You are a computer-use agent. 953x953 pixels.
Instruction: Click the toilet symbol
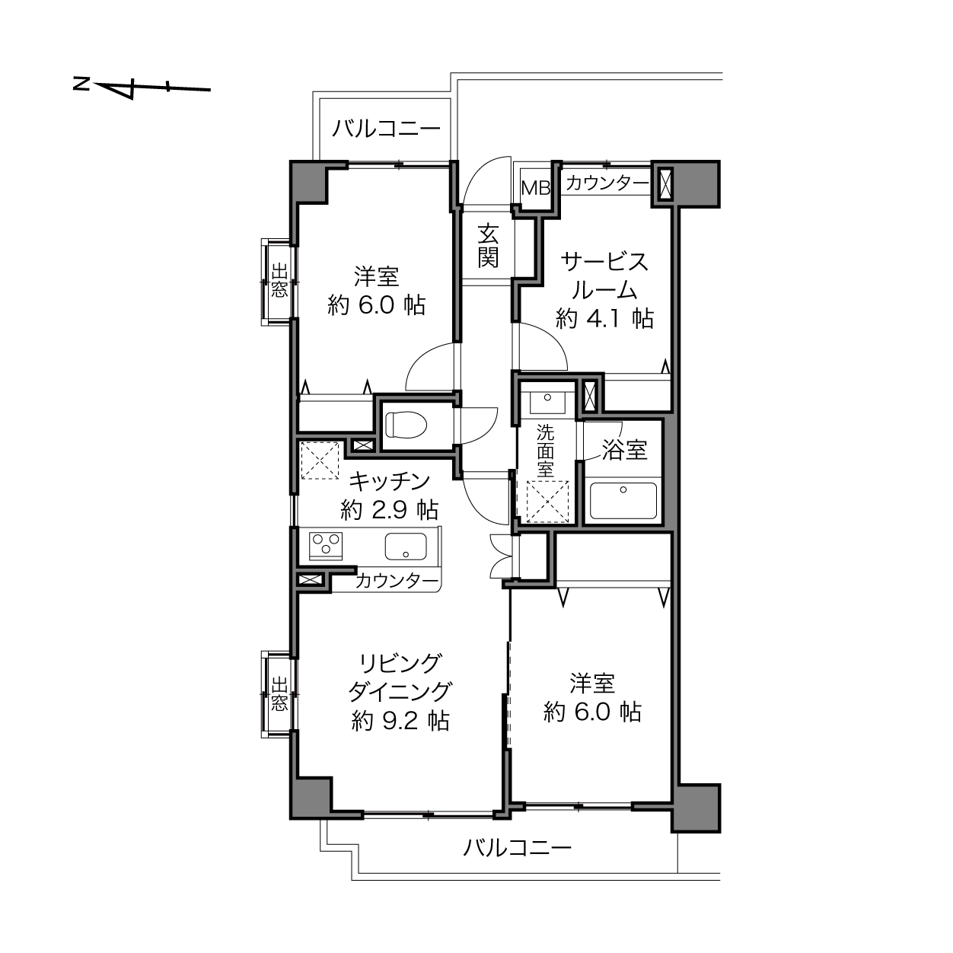[x=406, y=425]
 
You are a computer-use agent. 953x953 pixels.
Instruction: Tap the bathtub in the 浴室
[x=623, y=501]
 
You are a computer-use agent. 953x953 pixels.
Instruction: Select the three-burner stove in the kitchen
[x=326, y=546]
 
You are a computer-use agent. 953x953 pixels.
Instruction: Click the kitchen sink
[x=406, y=546]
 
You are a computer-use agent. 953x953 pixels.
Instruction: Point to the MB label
[x=536, y=188]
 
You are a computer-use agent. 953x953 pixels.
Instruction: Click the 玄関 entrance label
[x=488, y=246]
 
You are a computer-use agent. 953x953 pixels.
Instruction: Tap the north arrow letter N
[x=81, y=84]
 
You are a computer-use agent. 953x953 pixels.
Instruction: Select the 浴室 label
[x=624, y=450]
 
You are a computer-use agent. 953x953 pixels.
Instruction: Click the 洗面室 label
[x=546, y=451]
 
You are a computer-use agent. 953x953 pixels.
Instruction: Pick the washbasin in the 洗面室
[x=547, y=401]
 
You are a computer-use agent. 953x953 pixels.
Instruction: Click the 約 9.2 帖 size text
[x=400, y=722]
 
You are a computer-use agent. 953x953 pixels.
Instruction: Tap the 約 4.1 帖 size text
[x=604, y=318]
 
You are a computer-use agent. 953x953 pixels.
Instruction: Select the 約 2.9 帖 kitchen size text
[x=389, y=509]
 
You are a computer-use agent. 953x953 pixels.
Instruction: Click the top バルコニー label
[x=386, y=129]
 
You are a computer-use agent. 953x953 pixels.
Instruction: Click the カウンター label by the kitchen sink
[x=397, y=581]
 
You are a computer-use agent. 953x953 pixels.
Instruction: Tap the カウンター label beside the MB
[x=607, y=183]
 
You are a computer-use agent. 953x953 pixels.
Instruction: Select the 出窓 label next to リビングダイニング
[x=279, y=694]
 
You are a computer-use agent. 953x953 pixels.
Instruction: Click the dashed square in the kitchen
[x=320, y=461]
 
